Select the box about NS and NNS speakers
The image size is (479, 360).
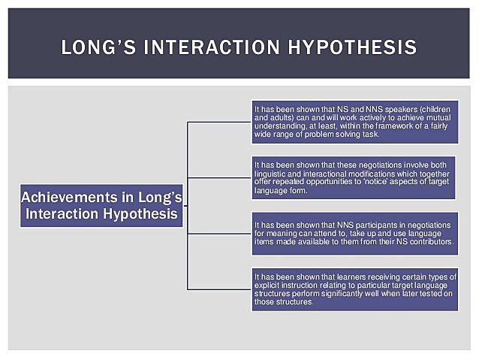(x=354, y=122)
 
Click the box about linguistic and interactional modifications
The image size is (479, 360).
(x=354, y=178)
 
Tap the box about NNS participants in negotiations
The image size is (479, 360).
(x=354, y=233)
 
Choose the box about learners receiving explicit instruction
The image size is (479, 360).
(x=354, y=289)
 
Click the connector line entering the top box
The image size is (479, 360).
(x=219, y=122)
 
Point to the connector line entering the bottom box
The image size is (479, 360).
(x=219, y=289)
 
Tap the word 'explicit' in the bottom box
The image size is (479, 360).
(x=269, y=286)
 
